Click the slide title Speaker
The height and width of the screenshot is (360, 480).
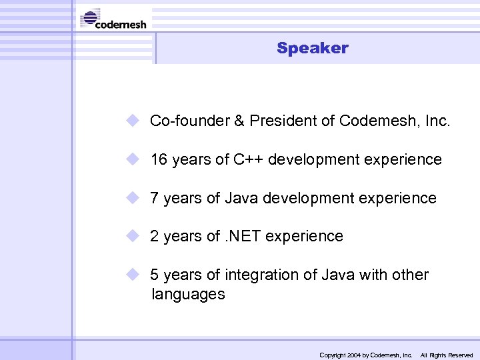click(x=312, y=48)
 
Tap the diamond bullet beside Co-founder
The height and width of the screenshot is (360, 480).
click(x=133, y=121)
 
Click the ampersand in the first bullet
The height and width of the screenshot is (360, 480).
click(x=239, y=121)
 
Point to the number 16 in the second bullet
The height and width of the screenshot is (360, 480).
click(x=159, y=160)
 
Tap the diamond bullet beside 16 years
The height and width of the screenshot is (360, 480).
click(x=133, y=159)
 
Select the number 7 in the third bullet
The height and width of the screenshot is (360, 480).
click(x=154, y=198)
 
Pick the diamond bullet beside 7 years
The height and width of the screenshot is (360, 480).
click(x=133, y=197)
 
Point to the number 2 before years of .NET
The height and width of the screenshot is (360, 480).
click(x=154, y=236)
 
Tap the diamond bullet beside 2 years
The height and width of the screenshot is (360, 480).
click(x=133, y=235)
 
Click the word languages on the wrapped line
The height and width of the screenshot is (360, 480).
click(x=188, y=294)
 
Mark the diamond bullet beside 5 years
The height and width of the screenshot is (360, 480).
click(x=133, y=274)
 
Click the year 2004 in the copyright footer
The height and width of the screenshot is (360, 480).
click(x=353, y=355)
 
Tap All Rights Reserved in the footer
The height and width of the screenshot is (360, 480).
click(x=446, y=355)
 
